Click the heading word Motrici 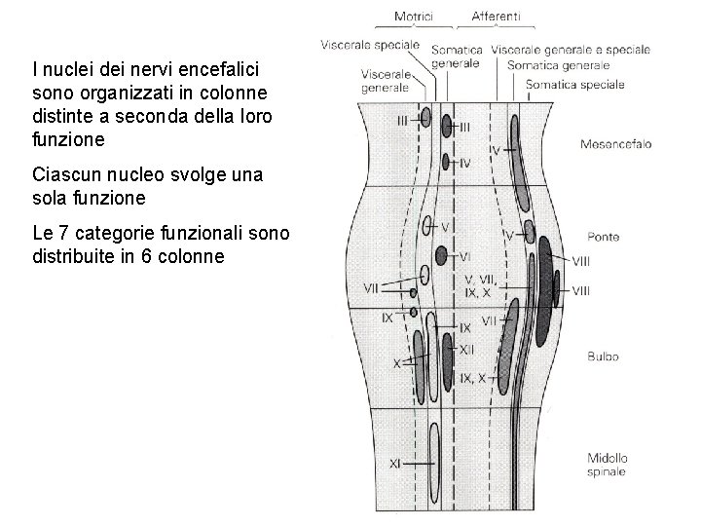tap(415, 16)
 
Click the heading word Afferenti tap(496, 16)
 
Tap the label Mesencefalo tap(615, 144)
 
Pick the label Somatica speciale tap(574, 85)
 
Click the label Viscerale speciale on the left tap(369, 44)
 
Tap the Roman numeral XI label tap(394, 465)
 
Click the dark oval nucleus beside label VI tap(441, 256)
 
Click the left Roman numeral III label tap(403, 120)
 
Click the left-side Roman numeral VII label tap(370, 287)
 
